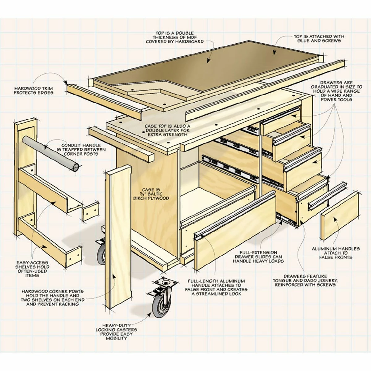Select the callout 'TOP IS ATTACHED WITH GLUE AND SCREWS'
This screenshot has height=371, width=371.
(319, 38)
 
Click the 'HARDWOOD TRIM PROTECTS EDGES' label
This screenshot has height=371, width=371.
(33, 90)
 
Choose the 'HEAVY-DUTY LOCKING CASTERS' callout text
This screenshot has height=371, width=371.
(116, 332)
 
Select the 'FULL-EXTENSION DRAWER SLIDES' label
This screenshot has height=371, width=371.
(258, 257)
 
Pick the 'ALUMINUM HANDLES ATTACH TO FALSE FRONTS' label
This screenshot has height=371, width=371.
(335, 253)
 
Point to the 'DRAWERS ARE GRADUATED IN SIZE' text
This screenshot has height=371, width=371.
(336, 91)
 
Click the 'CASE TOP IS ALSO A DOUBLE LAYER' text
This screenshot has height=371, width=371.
(168, 130)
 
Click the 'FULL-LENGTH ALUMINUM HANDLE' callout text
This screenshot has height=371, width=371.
(216, 287)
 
